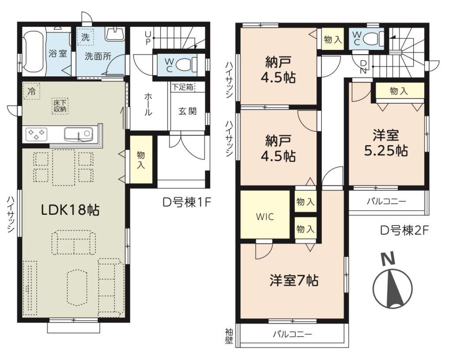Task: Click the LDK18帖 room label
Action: click(x=70, y=210)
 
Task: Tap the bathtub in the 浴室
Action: click(x=34, y=52)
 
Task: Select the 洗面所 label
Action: click(x=98, y=56)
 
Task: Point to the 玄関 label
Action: click(x=187, y=111)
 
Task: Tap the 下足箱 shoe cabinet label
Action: click(x=183, y=86)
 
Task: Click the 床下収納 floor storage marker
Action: click(x=60, y=106)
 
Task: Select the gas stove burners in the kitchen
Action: click(x=36, y=134)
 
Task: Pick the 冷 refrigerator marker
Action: click(x=31, y=91)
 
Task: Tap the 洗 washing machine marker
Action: click(x=85, y=37)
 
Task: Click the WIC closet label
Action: click(x=265, y=217)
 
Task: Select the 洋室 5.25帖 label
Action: click(x=386, y=143)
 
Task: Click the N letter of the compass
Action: click(x=388, y=259)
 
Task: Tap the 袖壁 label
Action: click(x=229, y=336)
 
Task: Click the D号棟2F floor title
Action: click(x=404, y=230)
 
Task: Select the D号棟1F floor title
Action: click(x=187, y=202)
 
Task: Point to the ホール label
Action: click(x=148, y=104)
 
